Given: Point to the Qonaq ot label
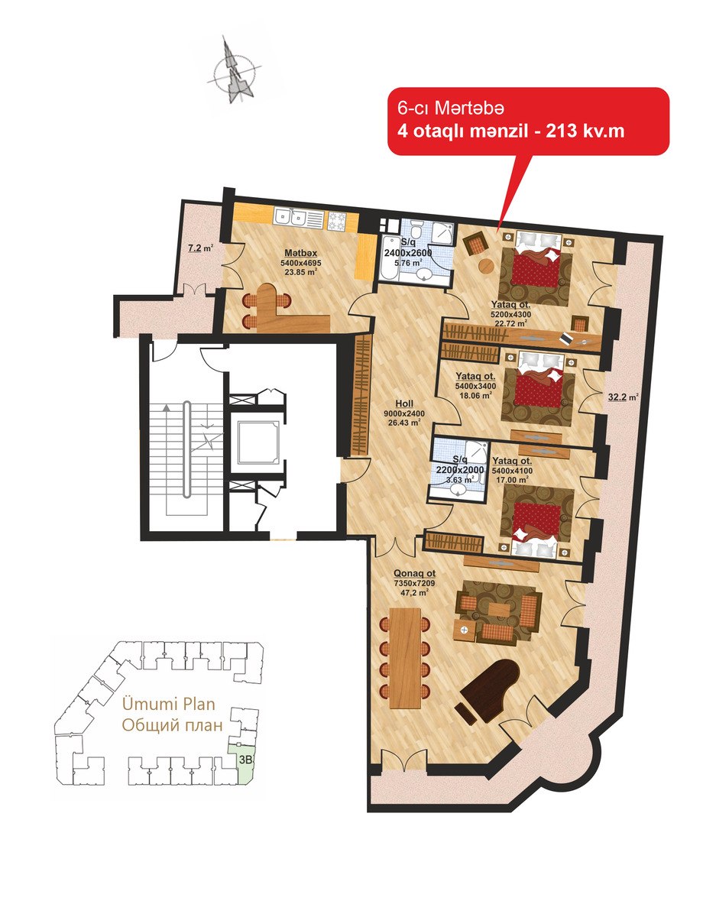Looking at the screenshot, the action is point(414,574).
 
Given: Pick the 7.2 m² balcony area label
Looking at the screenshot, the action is point(200,248).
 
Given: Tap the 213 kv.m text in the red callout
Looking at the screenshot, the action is point(585,131).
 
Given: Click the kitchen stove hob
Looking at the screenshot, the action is point(337,221).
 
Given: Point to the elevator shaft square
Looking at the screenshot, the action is point(258,441).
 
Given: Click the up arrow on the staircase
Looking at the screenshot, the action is point(167,407).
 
